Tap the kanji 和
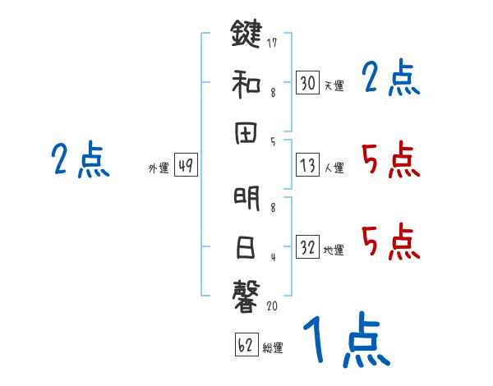click(x=245, y=83)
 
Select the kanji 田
click(x=245, y=132)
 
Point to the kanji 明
click(x=245, y=200)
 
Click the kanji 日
click(x=245, y=246)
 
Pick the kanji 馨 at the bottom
click(x=245, y=293)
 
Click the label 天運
click(x=334, y=85)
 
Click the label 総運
click(x=273, y=347)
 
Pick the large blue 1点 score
click(x=344, y=340)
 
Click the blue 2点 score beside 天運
click(x=390, y=79)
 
